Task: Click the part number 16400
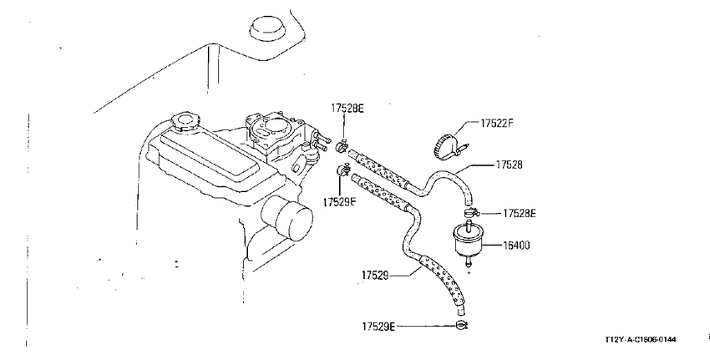click(517, 246)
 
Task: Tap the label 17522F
click(497, 123)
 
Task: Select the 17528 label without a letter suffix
click(509, 165)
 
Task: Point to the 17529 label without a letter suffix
click(375, 275)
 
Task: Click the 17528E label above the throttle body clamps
click(347, 109)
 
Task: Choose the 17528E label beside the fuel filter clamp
click(520, 213)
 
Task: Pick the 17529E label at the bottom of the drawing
click(378, 326)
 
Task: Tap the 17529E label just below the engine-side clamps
click(340, 202)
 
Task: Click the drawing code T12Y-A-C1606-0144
click(640, 339)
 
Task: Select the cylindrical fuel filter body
click(468, 240)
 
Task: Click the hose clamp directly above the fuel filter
click(469, 211)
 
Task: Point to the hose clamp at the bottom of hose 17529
click(461, 324)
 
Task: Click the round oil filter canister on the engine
click(288, 218)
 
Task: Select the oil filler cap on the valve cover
click(185, 121)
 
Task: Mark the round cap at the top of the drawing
click(267, 28)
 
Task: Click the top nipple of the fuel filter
click(469, 223)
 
